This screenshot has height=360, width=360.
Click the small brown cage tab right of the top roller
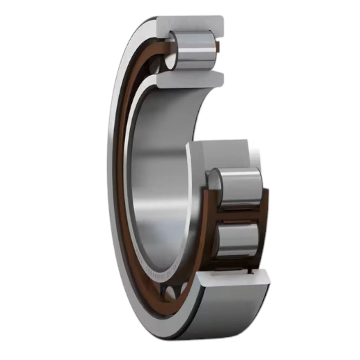tap(219, 46)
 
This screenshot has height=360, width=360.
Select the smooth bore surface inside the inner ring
tap(160, 166)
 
